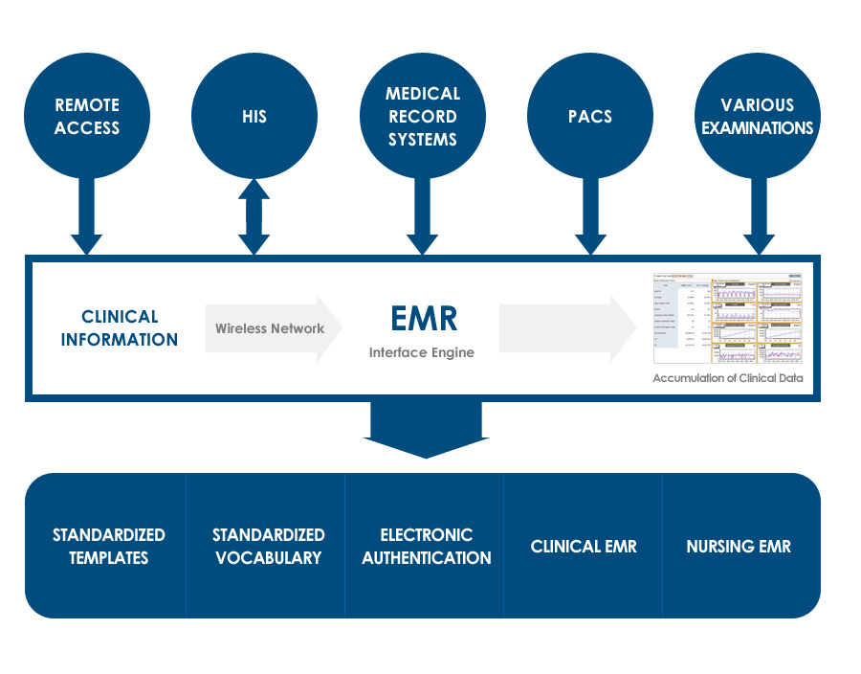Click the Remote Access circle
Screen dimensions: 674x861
coord(87,116)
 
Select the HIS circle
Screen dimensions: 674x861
coord(254,116)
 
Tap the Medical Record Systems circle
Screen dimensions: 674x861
coord(422,116)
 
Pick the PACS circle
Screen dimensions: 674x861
coord(589,116)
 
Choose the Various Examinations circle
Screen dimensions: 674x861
coord(758,116)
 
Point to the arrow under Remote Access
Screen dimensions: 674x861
coord(87,220)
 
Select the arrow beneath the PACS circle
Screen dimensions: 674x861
coord(589,220)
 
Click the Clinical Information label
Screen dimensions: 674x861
coord(120,327)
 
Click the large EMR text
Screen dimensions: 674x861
coord(424,318)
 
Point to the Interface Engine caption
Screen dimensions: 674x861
coord(422,352)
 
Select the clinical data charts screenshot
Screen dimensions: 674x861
coord(728,319)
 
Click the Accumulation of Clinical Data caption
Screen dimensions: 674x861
coord(727,378)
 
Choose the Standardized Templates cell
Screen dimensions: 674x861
coord(108,546)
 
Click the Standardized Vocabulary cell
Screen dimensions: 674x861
coord(268,546)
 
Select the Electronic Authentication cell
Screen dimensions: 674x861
coord(427,546)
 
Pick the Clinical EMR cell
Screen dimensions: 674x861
coord(584,547)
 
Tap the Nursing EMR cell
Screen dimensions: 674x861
coord(739,547)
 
